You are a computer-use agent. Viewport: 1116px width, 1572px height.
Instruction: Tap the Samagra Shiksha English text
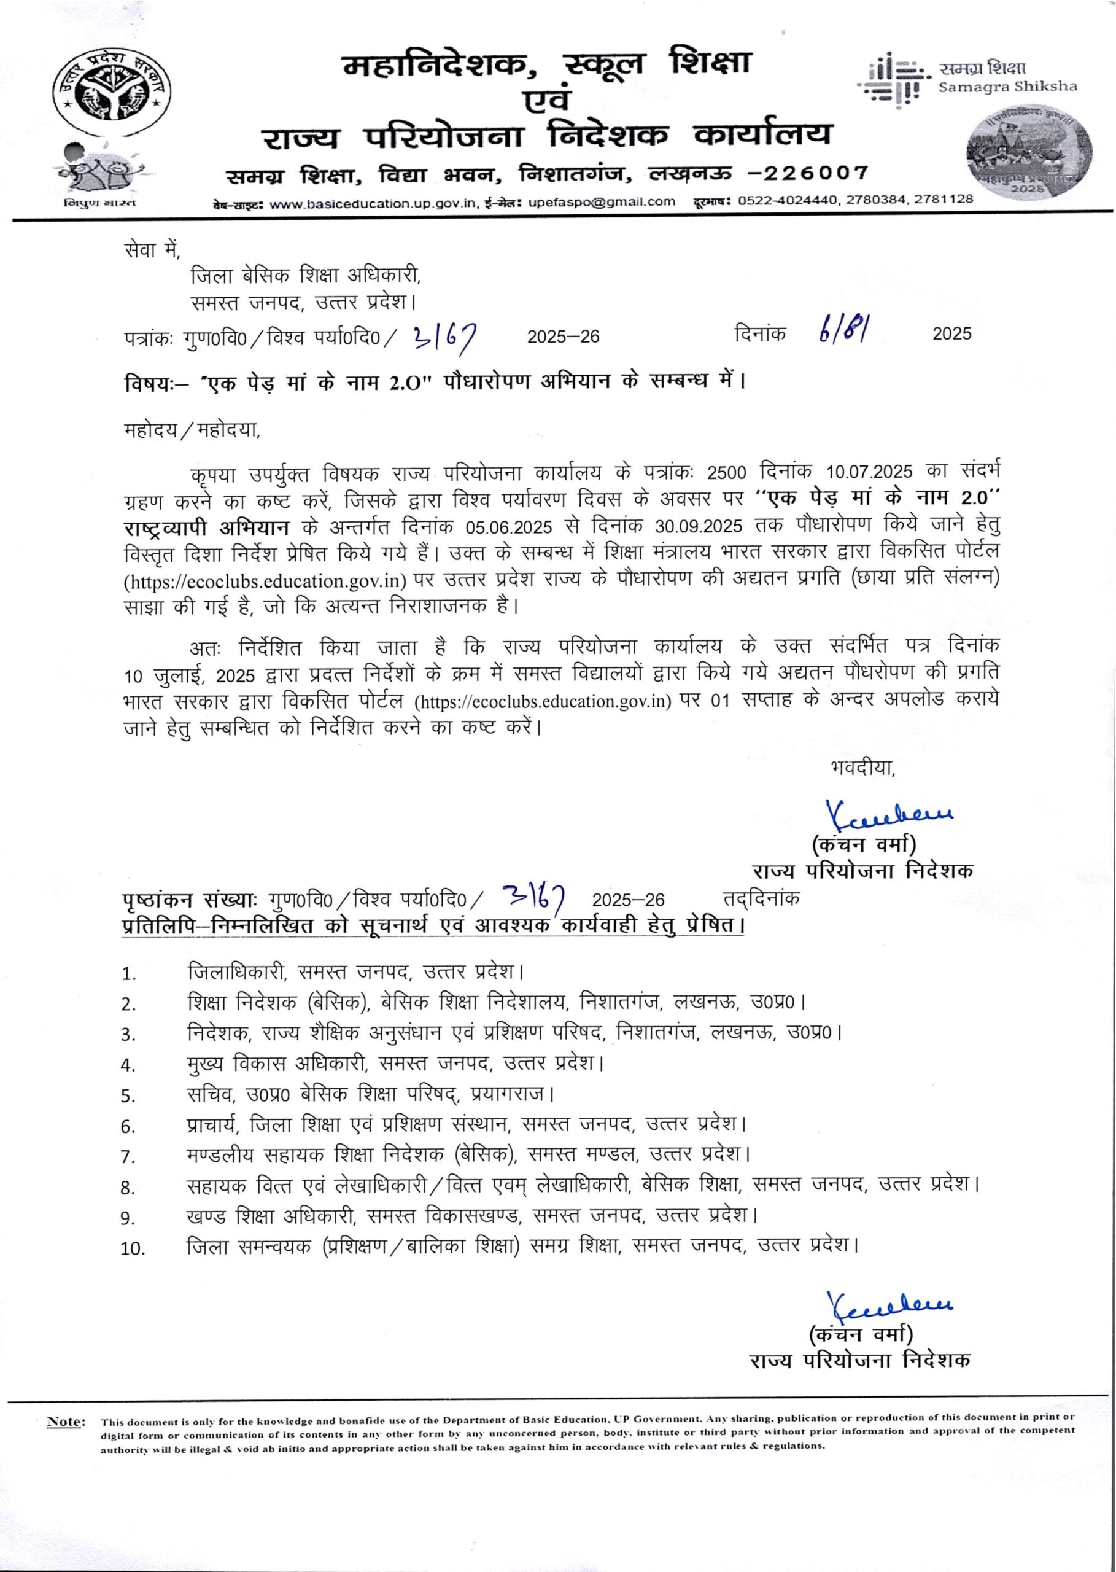[x=1007, y=87]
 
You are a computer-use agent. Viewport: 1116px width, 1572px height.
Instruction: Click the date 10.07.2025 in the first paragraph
[x=869, y=472]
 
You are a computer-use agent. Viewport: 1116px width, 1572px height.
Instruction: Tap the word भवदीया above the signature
[x=862, y=767]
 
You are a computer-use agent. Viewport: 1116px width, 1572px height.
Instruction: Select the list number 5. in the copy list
[x=128, y=1095]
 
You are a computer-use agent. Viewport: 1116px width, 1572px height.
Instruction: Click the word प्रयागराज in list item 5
[x=512, y=1092]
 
